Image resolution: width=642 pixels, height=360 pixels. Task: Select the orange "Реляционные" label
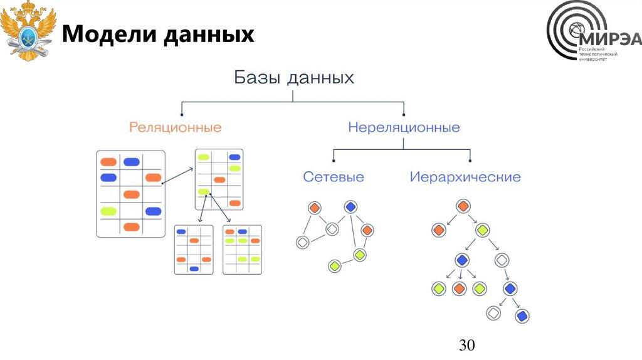pos(176,127)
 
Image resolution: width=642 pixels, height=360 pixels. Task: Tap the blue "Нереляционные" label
pos(404,127)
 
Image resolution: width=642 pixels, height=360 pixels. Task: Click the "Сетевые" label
pos(334,177)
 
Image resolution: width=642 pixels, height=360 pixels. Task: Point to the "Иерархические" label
pos(465,177)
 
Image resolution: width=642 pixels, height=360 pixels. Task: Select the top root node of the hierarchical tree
pos(463,206)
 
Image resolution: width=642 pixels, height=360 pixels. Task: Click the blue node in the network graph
pos(350,207)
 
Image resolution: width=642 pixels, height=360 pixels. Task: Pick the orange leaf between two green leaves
pos(459,289)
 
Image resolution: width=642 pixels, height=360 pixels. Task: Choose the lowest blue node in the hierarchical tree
pos(521,315)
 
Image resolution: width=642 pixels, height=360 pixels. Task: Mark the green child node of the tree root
pos(482,230)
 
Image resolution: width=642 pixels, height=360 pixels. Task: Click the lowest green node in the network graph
pos(334,266)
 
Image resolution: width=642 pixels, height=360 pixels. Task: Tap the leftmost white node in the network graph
pos(303,242)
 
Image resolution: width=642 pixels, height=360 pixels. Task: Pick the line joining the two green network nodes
pos(347,260)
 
